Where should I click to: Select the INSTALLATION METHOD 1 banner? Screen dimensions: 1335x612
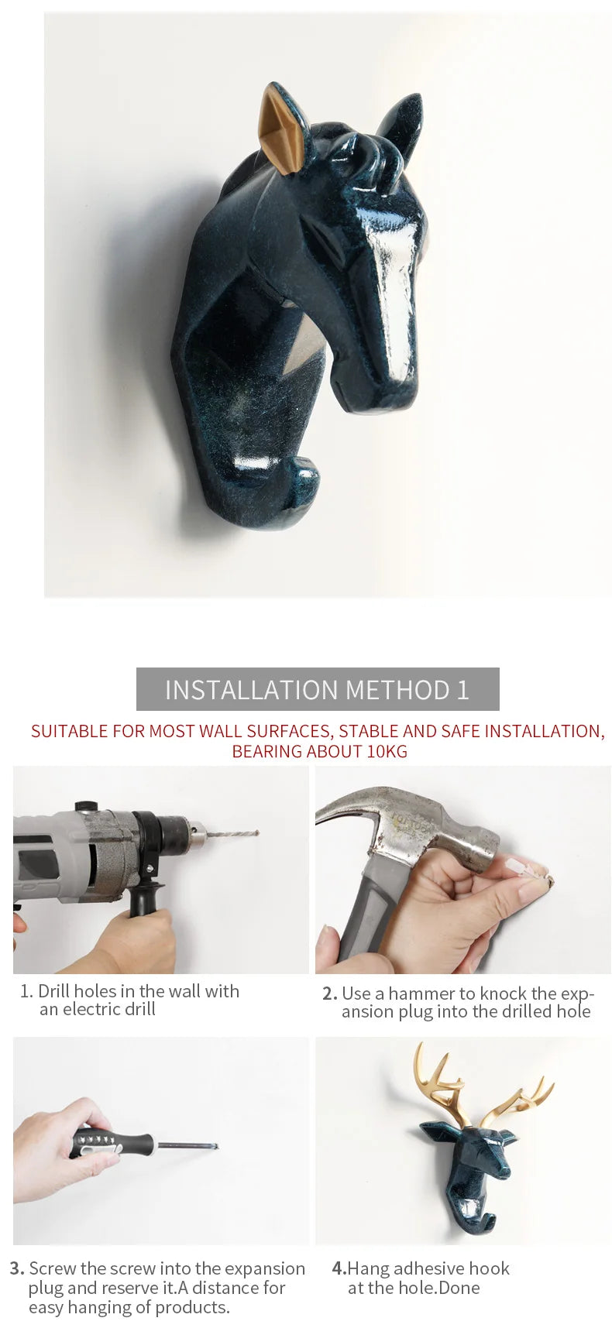coord(318,689)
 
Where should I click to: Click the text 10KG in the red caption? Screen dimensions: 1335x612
coord(387,751)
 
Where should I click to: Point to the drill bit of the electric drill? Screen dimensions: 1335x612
coord(232,835)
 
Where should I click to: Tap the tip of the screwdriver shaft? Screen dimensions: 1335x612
coord(215,1147)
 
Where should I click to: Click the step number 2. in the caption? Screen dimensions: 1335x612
coord(330,994)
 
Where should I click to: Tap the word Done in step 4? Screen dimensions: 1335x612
coord(460,1288)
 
